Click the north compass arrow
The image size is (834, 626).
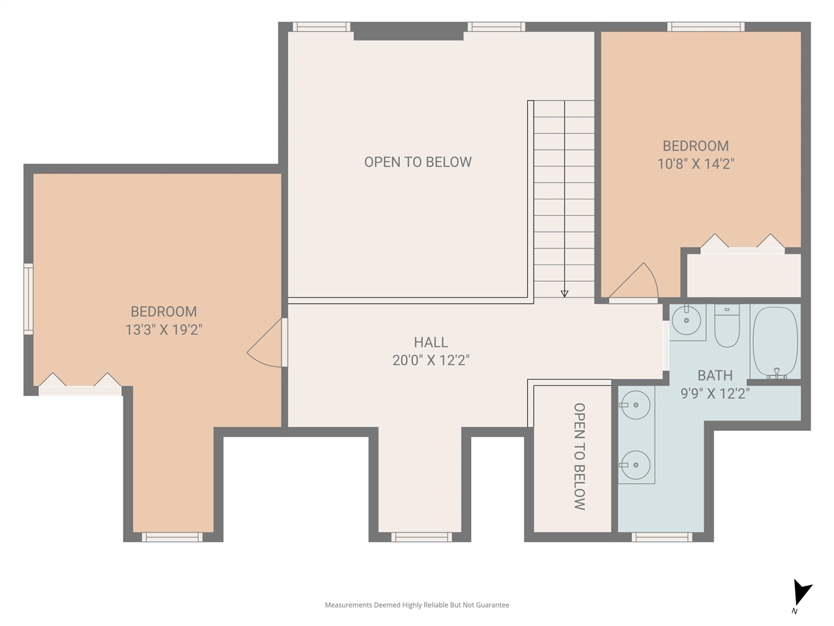tap(801, 594)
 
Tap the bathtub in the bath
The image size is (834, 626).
tap(775, 342)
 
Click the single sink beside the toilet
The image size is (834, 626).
tap(687, 321)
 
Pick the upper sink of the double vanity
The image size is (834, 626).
tap(635, 406)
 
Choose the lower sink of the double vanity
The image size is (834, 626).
tap(635, 465)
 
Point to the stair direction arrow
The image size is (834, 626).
tap(564, 293)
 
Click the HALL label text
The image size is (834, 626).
tap(431, 342)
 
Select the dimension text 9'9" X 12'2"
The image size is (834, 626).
tap(715, 393)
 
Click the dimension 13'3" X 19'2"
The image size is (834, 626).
tap(164, 330)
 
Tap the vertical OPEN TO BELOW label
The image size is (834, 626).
tap(579, 456)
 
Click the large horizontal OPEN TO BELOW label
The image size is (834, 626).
tap(418, 162)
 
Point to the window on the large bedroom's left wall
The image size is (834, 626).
tap(28, 299)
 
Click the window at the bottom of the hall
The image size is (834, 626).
tap(422, 537)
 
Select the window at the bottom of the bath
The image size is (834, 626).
tap(662, 537)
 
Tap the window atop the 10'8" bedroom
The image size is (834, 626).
tap(706, 27)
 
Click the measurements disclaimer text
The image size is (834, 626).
tap(417, 605)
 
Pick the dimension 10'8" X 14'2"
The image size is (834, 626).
tap(695, 164)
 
